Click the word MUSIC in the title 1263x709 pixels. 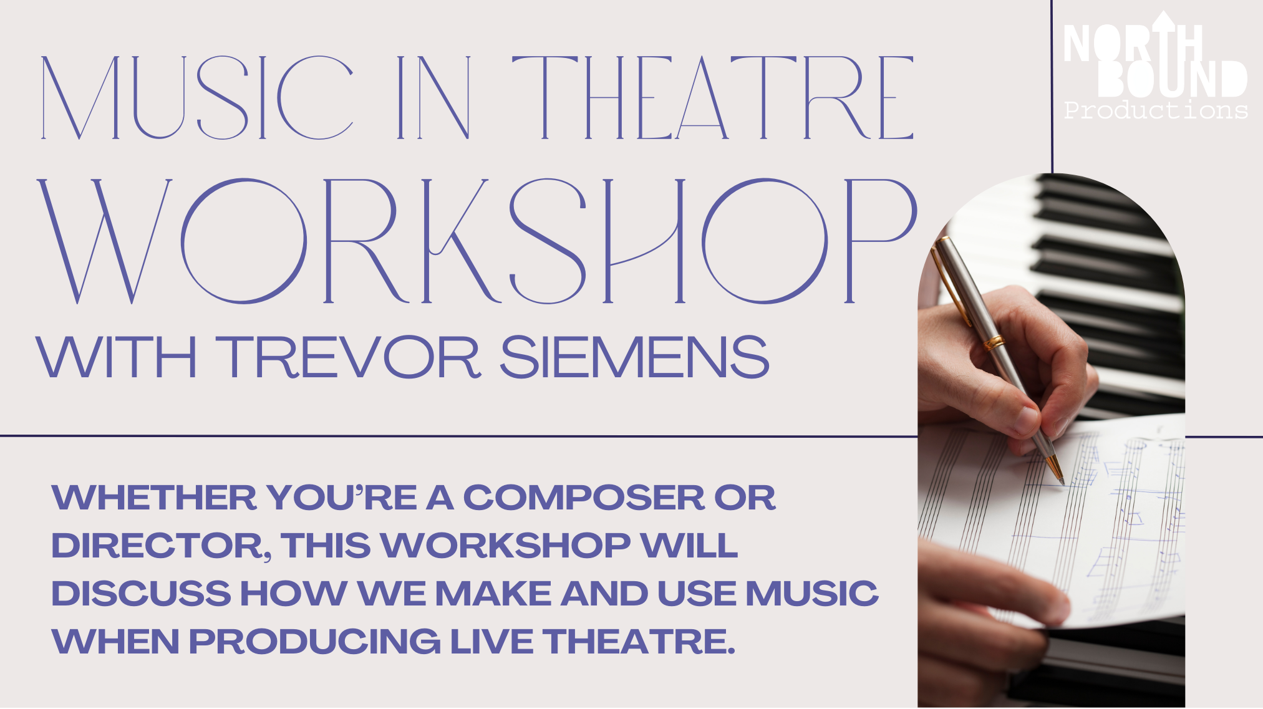click(197, 97)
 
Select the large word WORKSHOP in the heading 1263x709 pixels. click(477, 241)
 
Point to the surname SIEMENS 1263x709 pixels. click(634, 357)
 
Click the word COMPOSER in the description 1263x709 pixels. click(584, 498)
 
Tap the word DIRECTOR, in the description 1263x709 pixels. click(162, 546)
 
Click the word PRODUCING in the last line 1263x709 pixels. click(314, 642)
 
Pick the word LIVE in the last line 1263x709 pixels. click(491, 642)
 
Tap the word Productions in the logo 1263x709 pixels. click(1156, 110)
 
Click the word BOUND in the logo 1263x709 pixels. click(1173, 79)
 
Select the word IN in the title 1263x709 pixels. click(434, 97)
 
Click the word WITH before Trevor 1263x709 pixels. click(117, 357)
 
